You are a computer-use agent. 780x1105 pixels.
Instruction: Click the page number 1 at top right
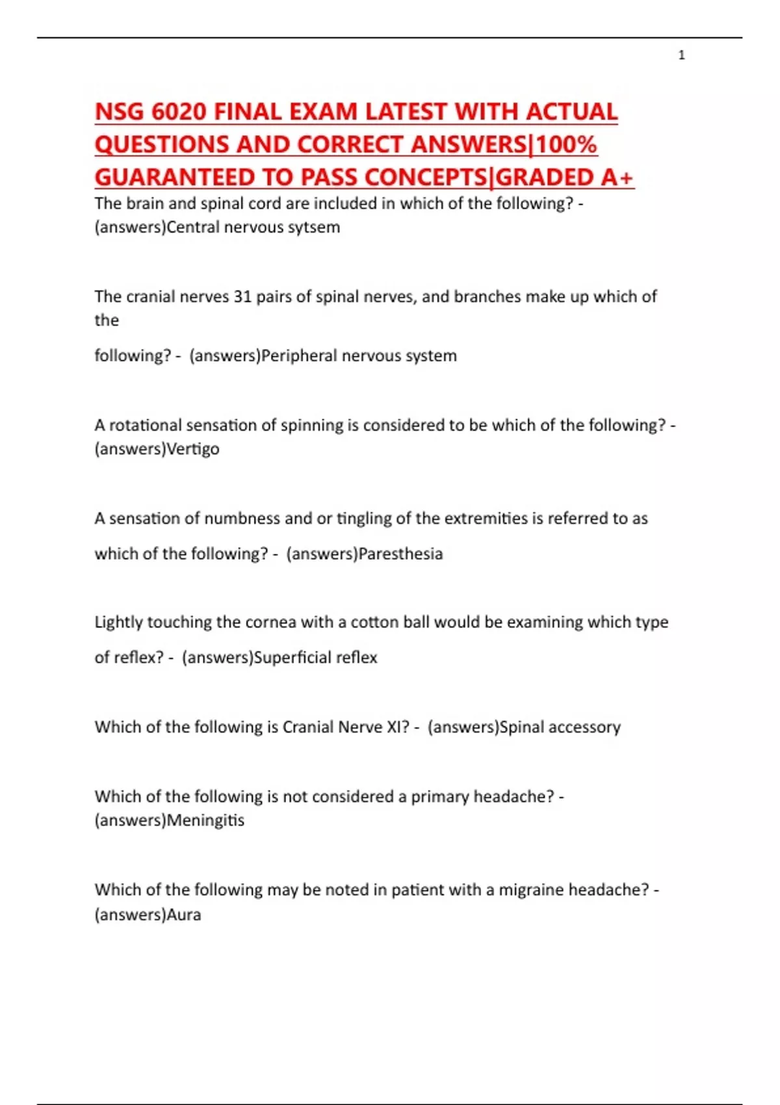681,55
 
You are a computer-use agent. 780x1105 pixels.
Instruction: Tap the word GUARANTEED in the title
174,177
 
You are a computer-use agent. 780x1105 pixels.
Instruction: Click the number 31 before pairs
242,296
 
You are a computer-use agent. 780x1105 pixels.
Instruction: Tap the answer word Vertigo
193,449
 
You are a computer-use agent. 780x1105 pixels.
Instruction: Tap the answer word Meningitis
205,820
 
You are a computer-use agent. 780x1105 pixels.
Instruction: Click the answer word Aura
184,915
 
